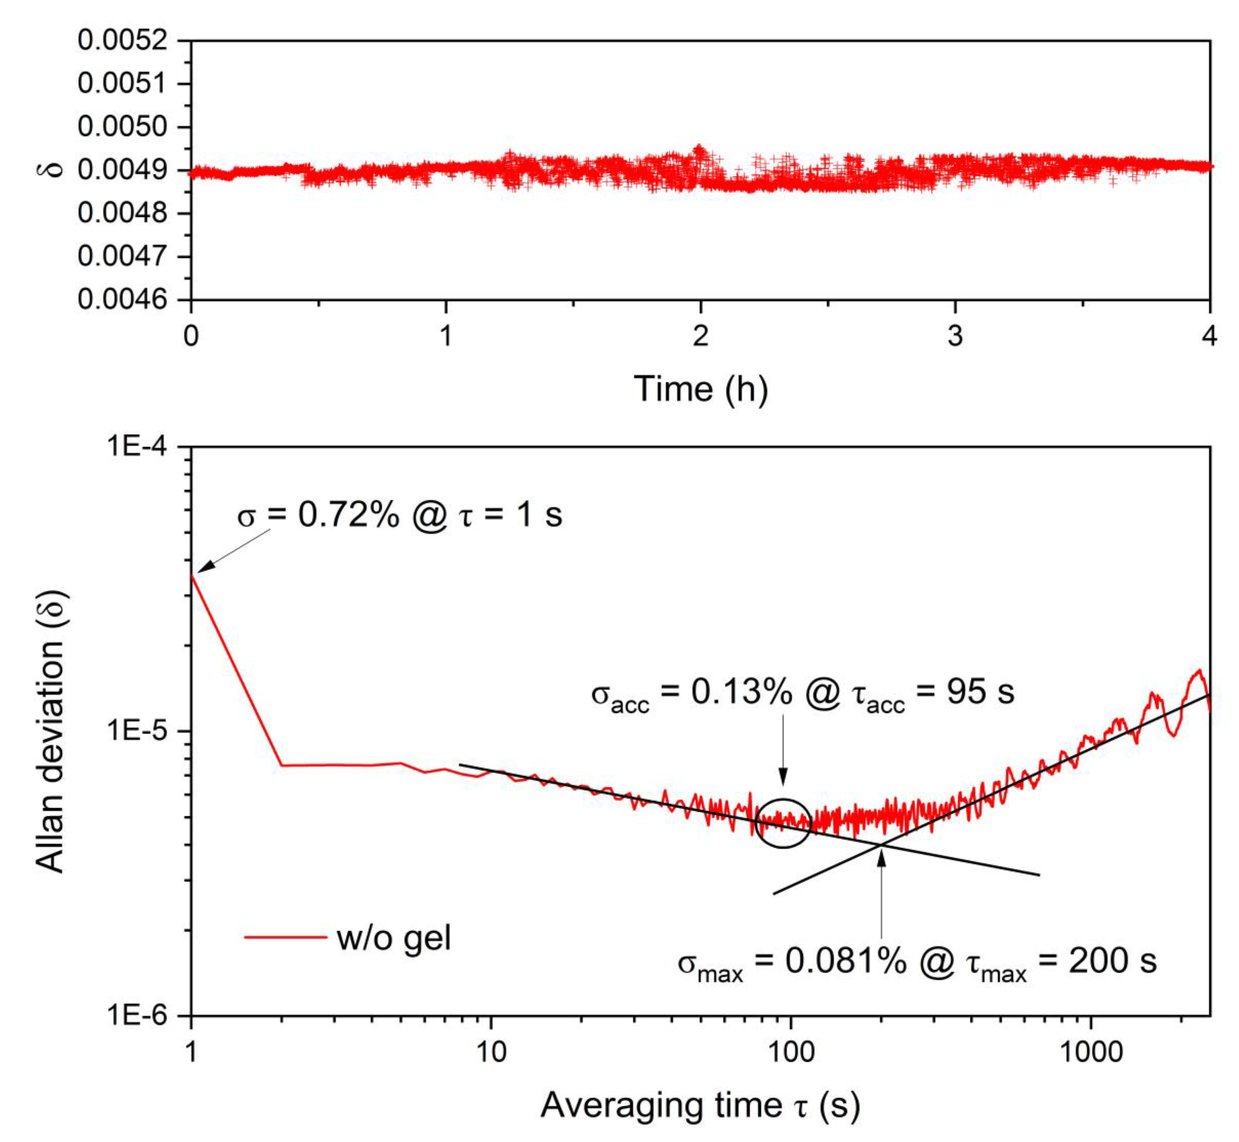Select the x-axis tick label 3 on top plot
click(955, 336)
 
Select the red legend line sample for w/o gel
click(285, 937)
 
